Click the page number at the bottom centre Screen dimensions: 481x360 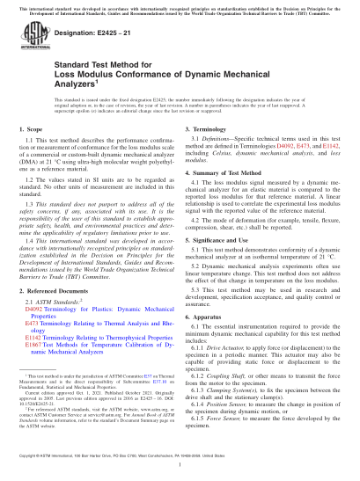[180, 476]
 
